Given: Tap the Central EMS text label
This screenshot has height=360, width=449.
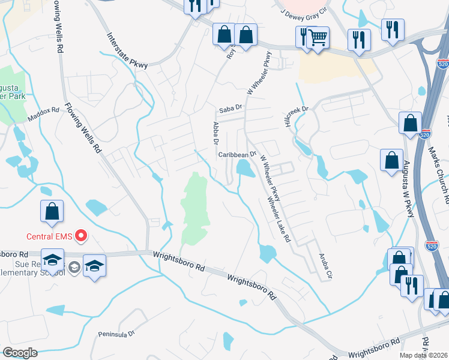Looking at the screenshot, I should click(49, 236).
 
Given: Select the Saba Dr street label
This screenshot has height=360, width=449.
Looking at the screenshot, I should click(230, 109).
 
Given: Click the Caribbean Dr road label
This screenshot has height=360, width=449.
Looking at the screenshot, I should click(237, 154).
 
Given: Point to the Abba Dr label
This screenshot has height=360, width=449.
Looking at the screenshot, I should click(215, 133).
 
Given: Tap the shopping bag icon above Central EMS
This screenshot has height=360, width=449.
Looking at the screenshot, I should click(52, 211).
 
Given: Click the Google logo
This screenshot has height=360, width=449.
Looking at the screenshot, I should click(20, 352).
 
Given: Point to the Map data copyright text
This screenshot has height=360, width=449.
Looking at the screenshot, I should click(423, 355).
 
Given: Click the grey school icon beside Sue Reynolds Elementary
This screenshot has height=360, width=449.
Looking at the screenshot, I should click(74, 266).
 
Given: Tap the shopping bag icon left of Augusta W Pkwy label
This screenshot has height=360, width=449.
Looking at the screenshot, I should click(391, 161).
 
